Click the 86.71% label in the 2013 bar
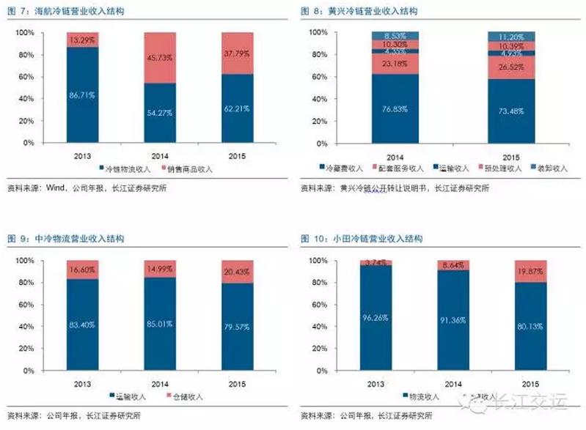[82, 95]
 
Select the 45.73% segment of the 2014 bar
[159, 58]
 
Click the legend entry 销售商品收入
[189, 168]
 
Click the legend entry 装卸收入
[550, 168]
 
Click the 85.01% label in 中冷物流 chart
[159, 323]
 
